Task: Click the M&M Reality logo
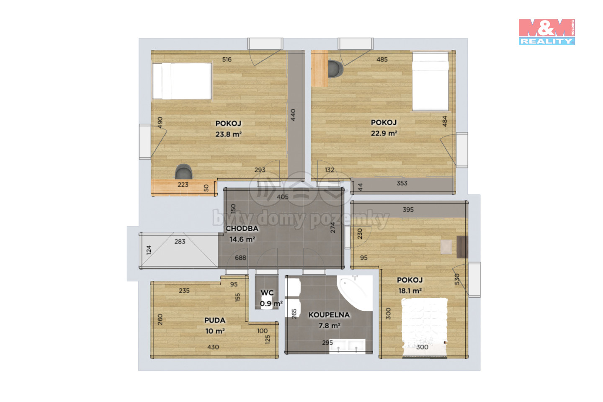click(x=546, y=32)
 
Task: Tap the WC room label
click(x=267, y=293)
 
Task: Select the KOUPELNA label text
click(x=329, y=315)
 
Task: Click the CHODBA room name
click(x=242, y=228)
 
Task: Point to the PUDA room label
click(x=214, y=320)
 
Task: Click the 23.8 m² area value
click(x=228, y=134)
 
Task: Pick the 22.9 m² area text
click(x=384, y=133)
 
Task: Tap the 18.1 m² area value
click(x=410, y=291)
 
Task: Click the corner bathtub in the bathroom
click(x=355, y=293)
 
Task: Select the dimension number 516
click(x=227, y=59)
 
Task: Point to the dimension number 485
click(x=382, y=59)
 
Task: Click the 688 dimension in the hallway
click(x=240, y=258)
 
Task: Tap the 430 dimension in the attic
click(x=213, y=347)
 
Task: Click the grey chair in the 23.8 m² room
click(x=183, y=172)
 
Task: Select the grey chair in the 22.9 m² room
click(x=335, y=69)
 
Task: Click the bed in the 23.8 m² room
click(x=182, y=81)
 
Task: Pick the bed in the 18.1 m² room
click(x=424, y=328)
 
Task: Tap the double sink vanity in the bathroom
click(x=347, y=346)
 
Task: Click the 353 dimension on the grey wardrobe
click(x=402, y=183)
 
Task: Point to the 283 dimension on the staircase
click(x=180, y=242)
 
